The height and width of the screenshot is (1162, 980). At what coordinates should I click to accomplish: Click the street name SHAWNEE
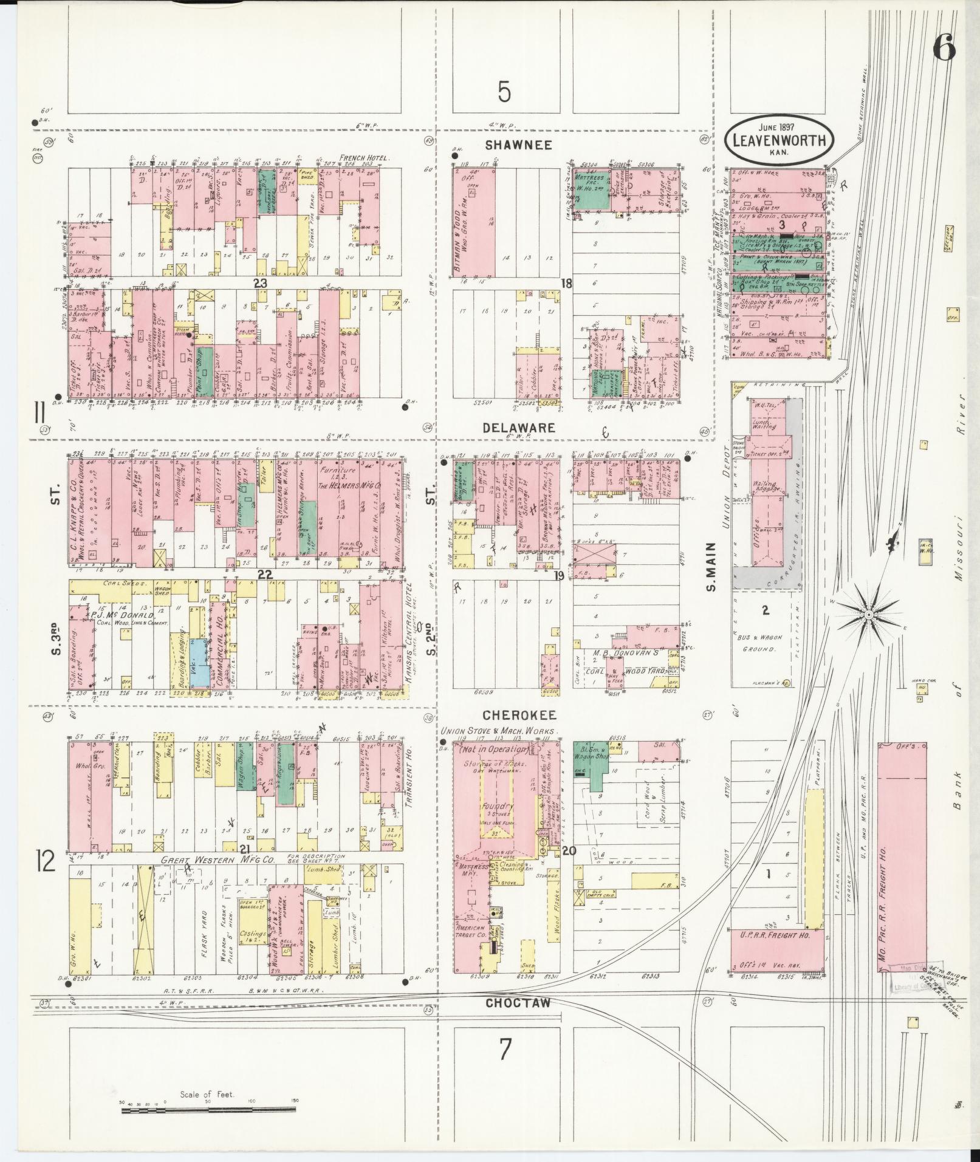518,145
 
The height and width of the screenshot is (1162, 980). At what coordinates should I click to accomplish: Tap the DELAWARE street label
518,428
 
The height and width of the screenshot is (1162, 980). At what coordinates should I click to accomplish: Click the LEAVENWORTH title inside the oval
779,141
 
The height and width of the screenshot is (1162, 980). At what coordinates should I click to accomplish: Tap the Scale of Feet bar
208,1110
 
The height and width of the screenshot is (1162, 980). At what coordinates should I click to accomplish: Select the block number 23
261,283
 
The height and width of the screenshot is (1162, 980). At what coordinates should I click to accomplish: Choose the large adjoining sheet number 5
504,92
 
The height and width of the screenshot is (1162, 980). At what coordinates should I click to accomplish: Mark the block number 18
566,283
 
